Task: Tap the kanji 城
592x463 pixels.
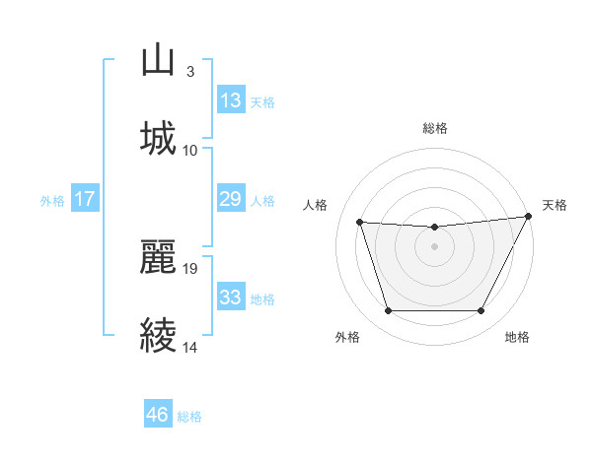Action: coord(159,139)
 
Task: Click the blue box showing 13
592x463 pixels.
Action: coord(230,100)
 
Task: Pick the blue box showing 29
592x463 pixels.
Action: coord(230,199)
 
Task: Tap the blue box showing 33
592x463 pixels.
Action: coord(230,298)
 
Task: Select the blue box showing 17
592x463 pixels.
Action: coord(85,199)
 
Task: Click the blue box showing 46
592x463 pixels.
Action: coord(157,415)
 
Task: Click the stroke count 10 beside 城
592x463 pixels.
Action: coord(190,150)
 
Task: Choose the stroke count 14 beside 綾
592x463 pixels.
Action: coord(190,347)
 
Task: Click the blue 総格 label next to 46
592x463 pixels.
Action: coord(189,417)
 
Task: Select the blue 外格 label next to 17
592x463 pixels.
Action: coord(52,200)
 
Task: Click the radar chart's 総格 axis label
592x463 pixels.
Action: coord(435,128)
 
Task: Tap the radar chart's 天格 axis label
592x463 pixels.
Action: coord(555,205)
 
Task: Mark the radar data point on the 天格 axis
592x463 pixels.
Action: coord(529,217)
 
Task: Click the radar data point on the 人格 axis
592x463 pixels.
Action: coord(360,223)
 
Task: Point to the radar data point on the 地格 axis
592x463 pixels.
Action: coord(481,311)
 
